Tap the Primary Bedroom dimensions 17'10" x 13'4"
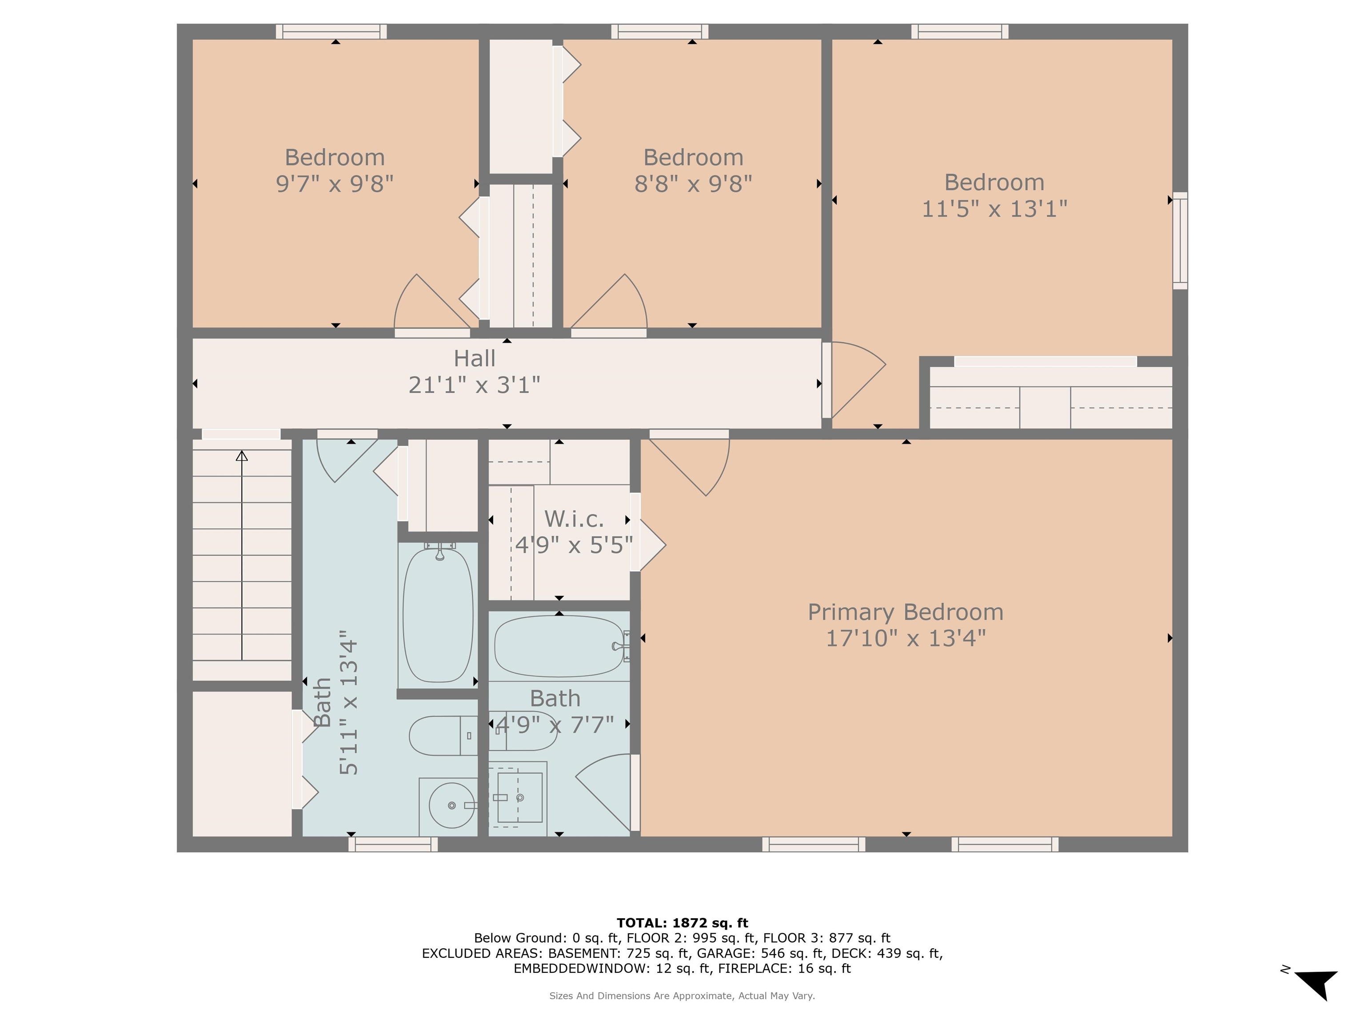pos(905,638)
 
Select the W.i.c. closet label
pos(574,519)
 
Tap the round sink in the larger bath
pos(452,805)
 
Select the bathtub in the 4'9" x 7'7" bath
pos(559,646)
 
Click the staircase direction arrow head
pos(242,456)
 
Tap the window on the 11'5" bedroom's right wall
pos(1180,241)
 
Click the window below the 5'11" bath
pos(393,844)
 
